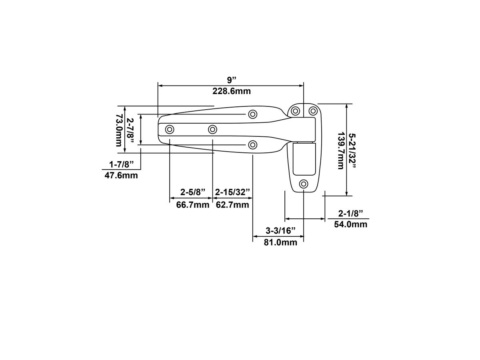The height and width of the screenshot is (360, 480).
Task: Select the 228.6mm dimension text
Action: click(x=232, y=91)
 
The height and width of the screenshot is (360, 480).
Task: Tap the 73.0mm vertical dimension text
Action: click(x=119, y=130)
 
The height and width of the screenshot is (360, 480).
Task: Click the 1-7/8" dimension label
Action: click(x=121, y=164)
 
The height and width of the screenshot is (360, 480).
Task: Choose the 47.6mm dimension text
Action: click(x=121, y=176)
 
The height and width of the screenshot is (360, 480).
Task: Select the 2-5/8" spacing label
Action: click(x=193, y=192)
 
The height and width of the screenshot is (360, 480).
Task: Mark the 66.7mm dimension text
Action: click(x=193, y=205)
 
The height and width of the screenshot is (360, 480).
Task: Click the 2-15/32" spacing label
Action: click(x=233, y=192)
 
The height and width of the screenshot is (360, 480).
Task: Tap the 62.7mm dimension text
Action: click(x=233, y=205)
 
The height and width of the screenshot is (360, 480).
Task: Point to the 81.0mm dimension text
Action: click(x=280, y=242)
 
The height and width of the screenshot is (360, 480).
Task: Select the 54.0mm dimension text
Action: click(x=350, y=224)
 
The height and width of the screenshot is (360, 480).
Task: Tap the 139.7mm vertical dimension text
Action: click(x=340, y=151)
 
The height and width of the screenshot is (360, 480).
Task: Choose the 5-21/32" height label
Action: click(x=352, y=151)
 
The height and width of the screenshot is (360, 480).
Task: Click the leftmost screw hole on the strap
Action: click(x=170, y=129)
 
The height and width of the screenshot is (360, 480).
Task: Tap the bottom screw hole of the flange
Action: click(x=304, y=184)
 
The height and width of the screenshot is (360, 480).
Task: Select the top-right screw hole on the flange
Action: click(x=313, y=110)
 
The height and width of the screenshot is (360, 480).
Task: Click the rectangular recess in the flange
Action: click(x=304, y=159)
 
